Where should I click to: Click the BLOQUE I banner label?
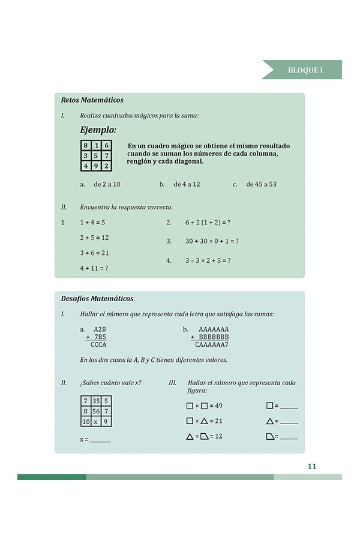[305, 70]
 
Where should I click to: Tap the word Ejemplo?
[98, 130]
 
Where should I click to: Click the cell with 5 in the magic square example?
[96, 155]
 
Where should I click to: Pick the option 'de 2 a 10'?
[107, 184]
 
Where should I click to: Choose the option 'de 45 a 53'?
[261, 184]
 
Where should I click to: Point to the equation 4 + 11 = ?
[94, 268]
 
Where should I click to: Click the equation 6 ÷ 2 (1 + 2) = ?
[208, 223]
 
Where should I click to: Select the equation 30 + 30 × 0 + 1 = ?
[212, 241]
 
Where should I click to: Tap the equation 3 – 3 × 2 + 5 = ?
[208, 260]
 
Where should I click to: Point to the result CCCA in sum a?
[98, 345]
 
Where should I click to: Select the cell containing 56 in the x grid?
[96, 411]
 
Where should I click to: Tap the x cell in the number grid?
[96, 421]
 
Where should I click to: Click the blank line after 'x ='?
[100, 440]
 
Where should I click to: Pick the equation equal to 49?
[205, 406]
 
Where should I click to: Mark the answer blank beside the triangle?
[289, 421]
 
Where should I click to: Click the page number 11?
[311, 466]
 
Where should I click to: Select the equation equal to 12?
[205, 436]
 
